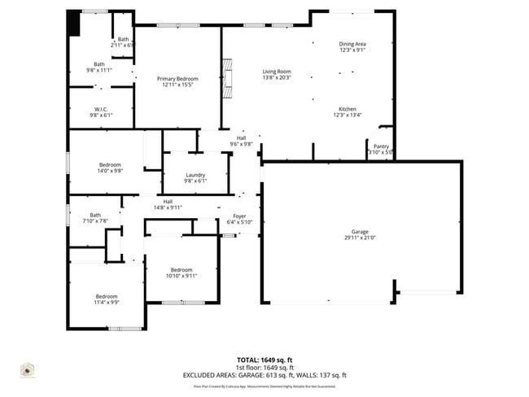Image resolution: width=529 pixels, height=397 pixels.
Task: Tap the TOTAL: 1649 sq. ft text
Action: coord(264,359)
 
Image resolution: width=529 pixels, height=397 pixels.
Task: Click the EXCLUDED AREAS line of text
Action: coord(264,375)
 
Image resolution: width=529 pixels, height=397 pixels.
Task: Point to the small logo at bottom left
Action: coord(28,370)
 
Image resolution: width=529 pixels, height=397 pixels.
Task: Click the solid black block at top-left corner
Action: coord(74,23)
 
